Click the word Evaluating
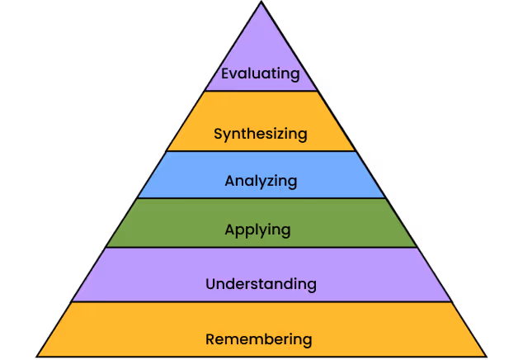click(261, 73)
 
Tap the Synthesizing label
click(261, 133)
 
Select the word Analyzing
click(261, 180)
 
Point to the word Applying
click(258, 229)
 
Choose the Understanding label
click(261, 284)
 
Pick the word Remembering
click(259, 339)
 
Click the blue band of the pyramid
click(330, 175)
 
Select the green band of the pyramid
click(346, 223)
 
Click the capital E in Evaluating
click(225, 73)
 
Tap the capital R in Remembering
click(210, 339)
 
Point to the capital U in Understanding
click(210, 284)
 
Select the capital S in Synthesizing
click(218, 133)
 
